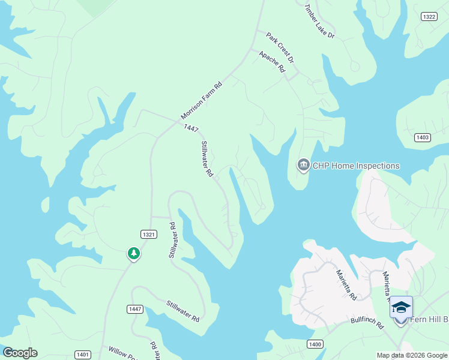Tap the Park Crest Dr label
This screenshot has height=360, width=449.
(x=280, y=48)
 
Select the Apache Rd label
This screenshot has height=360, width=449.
(x=272, y=61)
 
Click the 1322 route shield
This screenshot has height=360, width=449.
(x=429, y=17)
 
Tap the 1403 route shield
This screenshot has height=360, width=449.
(x=422, y=137)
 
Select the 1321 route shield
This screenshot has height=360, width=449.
(x=149, y=234)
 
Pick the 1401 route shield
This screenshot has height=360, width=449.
(x=83, y=355)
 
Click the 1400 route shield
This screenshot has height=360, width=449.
(x=315, y=344)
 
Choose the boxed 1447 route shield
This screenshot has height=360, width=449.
(x=135, y=308)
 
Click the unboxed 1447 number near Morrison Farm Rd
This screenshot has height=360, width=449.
(x=191, y=128)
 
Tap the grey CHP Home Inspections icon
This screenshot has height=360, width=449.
(x=303, y=165)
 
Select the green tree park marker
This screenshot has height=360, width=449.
(x=133, y=254)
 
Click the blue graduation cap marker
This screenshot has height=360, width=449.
(x=401, y=308)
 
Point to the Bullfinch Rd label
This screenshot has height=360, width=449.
(x=367, y=325)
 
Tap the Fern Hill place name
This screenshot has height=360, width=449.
(x=429, y=319)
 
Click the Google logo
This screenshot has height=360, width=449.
(x=20, y=353)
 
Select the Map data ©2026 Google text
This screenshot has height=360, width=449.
(x=412, y=355)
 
